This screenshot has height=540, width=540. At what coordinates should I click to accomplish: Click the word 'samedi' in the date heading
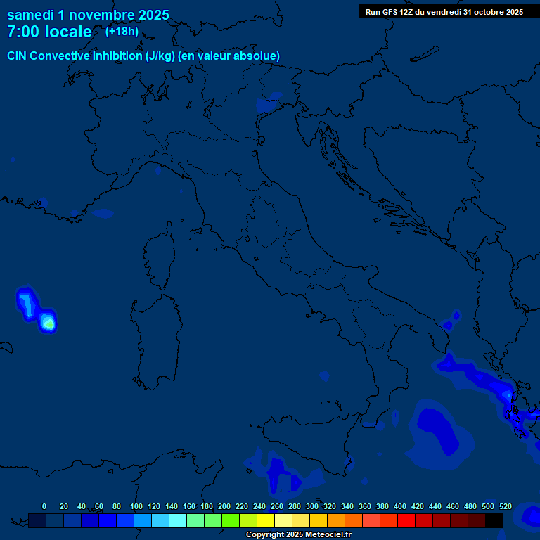click(30, 15)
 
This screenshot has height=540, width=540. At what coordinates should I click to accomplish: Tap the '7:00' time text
click(22, 32)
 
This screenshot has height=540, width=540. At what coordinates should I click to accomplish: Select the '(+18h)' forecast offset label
click(122, 31)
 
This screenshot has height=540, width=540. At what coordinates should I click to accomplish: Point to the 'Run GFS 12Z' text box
click(444, 12)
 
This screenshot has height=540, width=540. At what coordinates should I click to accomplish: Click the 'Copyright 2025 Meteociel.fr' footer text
click(298, 535)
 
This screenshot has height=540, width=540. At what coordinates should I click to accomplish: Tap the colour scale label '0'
click(44, 506)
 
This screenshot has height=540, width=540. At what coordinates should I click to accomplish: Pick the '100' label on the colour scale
click(136, 506)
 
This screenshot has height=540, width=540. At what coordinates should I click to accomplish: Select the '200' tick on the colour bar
click(224, 506)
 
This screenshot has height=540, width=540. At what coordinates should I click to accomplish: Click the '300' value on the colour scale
click(311, 506)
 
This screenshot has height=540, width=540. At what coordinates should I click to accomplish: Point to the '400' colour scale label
click(399, 506)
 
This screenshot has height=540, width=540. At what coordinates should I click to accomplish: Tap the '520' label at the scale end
click(505, 506)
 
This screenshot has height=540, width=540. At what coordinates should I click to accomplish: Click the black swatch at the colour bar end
click(494, 520)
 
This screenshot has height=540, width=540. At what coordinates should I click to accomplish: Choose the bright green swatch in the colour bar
click(230, 520)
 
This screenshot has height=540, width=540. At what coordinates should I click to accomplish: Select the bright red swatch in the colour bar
click(406, 520)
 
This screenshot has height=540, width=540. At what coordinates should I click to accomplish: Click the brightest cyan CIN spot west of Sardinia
click(48, 323)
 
